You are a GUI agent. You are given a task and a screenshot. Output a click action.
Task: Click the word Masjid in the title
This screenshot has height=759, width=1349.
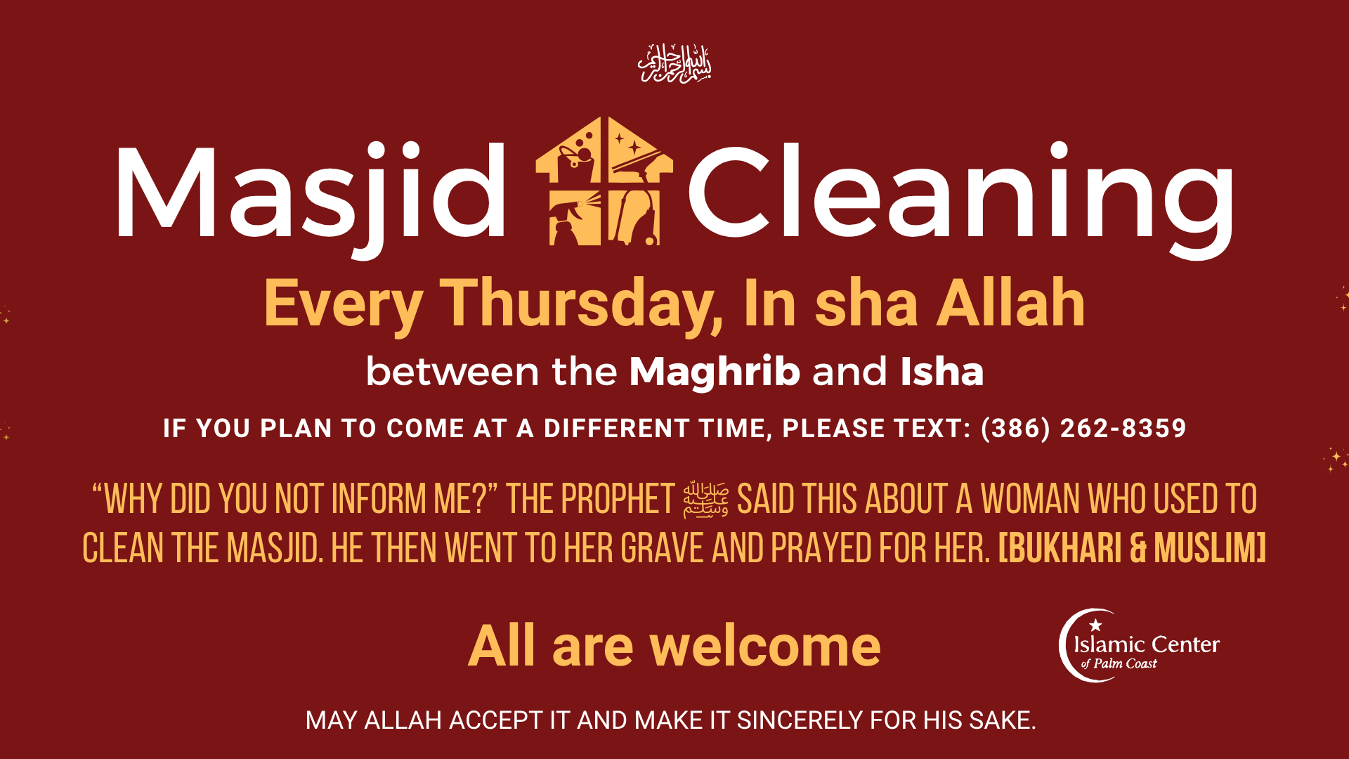coord(309,193)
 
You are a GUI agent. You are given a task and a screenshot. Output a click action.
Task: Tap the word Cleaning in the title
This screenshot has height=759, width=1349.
coord(959,193)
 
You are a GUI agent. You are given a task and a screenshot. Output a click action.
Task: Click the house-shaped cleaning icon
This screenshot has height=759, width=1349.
coord(604,181)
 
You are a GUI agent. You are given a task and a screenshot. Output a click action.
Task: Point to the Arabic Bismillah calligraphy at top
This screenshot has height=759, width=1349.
coord(674,64)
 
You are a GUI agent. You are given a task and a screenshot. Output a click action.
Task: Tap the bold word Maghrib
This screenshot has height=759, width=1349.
coord(714,371)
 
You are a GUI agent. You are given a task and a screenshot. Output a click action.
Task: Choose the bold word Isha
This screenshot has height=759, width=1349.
coord(941,371)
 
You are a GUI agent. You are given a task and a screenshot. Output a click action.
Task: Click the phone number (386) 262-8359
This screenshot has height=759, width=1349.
coord(1083,428)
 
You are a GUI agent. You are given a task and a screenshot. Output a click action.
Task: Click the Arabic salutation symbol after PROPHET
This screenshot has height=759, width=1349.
coord(705,500)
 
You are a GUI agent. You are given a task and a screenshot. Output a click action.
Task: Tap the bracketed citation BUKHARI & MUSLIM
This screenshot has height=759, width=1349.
coord(1132,548)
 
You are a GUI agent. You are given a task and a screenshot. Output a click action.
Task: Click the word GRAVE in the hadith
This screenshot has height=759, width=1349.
coord(662,548)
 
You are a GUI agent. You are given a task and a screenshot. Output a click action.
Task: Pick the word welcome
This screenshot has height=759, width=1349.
coord(765,646)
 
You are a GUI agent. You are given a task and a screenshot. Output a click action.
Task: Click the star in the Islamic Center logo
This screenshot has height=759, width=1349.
coord(1095,625)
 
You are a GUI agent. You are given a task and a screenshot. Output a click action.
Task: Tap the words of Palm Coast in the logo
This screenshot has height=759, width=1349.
coord(1119,663)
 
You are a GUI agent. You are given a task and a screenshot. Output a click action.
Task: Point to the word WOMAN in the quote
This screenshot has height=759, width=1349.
coord(1030,500)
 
